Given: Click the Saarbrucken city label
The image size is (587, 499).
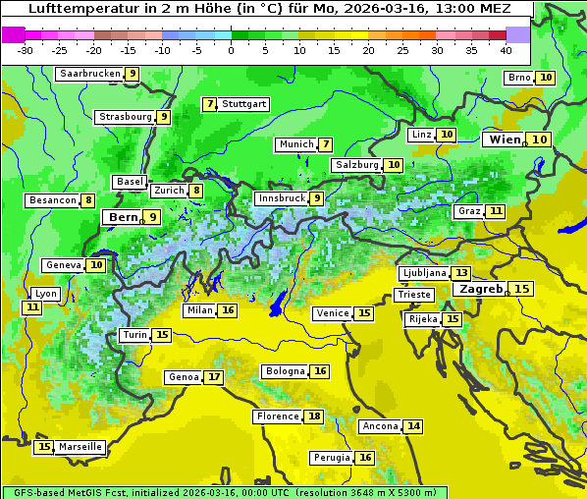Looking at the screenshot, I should coord(89,74).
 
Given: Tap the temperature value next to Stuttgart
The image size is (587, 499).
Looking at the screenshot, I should coord(209,104).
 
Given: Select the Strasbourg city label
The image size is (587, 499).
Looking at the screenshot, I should coord(126,117).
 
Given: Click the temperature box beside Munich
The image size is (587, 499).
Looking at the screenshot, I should coord(325,144).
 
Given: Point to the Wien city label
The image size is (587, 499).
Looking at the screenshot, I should coord(505,139).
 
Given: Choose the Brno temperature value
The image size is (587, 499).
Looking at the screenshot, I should coord(546,78).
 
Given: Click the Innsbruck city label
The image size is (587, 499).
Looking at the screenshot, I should coord(281,198).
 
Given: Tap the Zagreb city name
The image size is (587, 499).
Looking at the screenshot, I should coord(480,289).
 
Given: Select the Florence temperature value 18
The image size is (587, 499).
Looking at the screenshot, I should coord(314,416).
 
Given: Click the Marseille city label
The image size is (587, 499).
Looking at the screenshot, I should coord(80,447).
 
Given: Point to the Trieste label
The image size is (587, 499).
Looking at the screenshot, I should coord(413,295).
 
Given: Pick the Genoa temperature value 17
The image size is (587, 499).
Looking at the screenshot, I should coord(214,377).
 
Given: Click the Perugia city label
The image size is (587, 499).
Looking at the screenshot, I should coord(331,458).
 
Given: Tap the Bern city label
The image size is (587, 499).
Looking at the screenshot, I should coord(124,217).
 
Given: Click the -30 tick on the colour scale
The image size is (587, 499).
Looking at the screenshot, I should coord(26,50).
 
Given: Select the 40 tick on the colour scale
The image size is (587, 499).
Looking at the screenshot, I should coord(506,50).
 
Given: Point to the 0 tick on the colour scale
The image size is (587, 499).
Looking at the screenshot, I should coord(232,50).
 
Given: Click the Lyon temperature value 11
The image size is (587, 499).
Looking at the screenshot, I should coord(32,307).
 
